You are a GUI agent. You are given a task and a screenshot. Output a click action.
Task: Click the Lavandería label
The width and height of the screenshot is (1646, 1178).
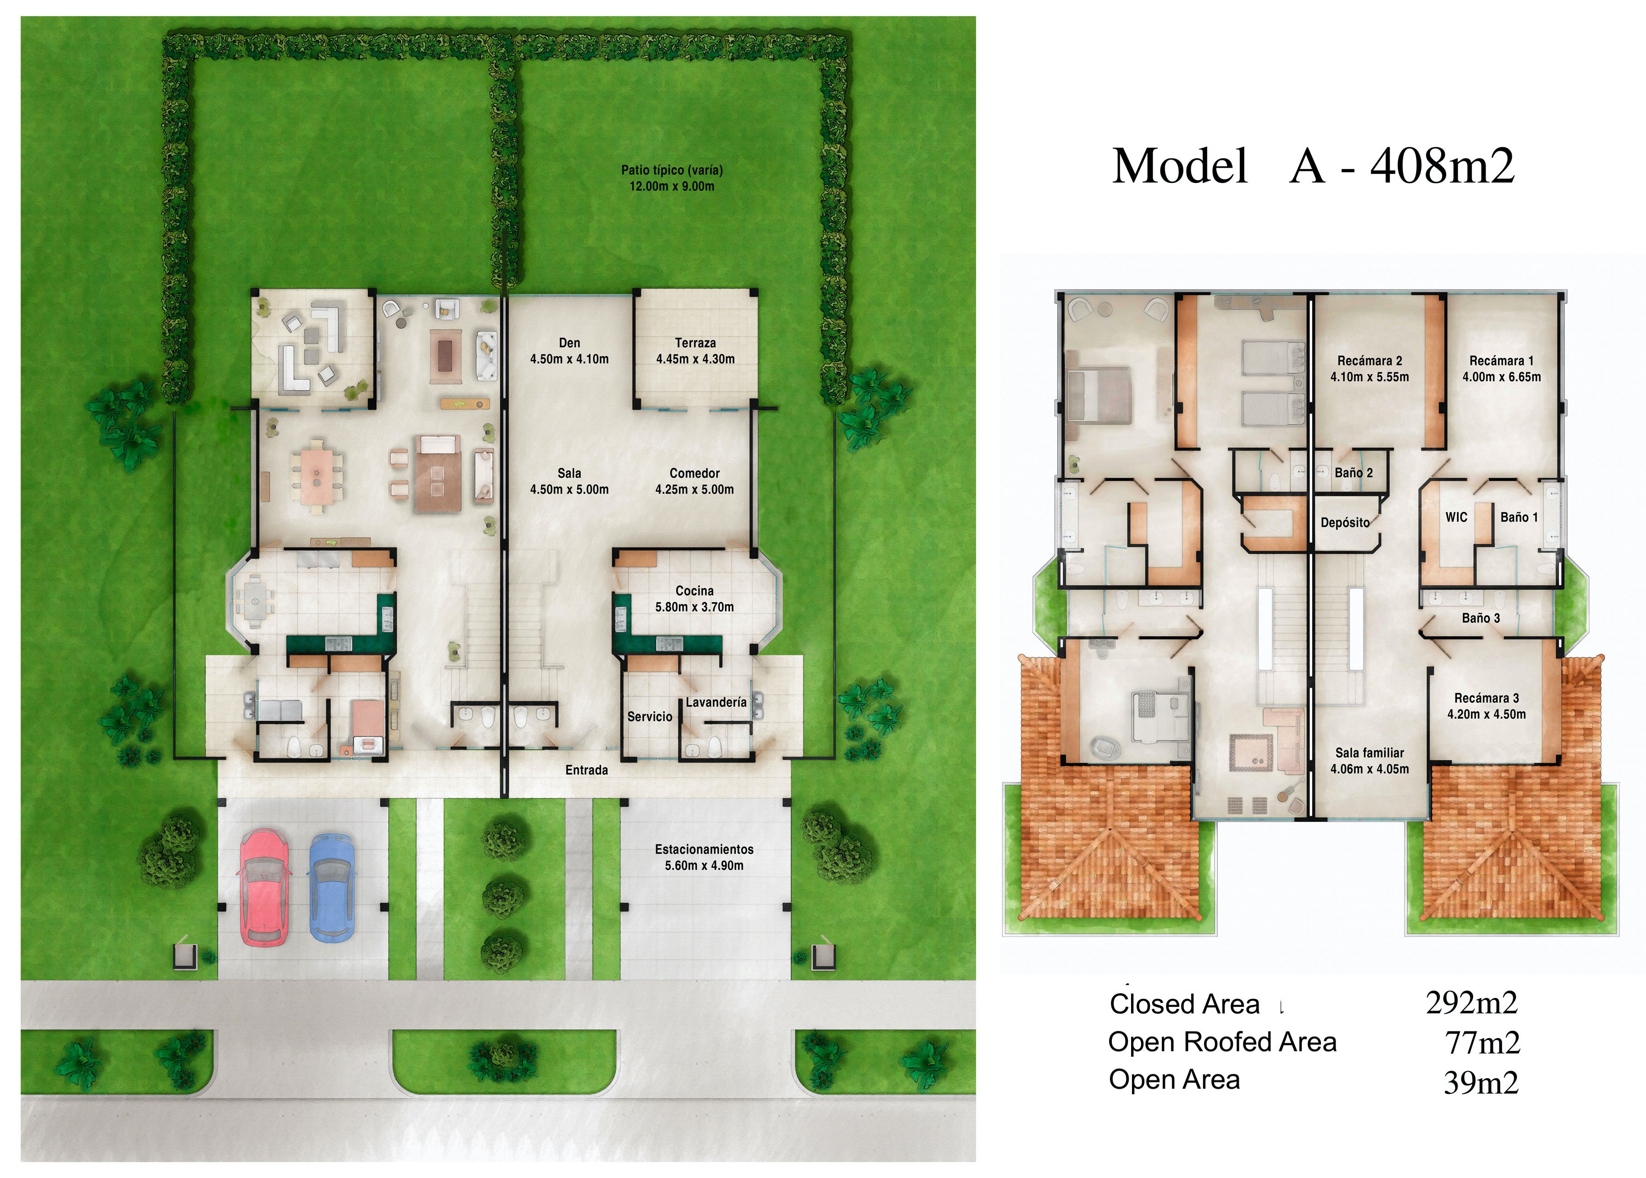tap(716, 702)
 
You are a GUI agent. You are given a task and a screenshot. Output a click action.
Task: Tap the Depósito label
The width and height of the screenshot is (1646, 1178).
tap(1345, 522)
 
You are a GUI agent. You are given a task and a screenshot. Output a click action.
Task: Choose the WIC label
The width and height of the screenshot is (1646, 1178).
tap(1456, 517)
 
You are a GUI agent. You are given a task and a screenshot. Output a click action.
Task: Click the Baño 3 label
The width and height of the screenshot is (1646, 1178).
tap(1480, 618)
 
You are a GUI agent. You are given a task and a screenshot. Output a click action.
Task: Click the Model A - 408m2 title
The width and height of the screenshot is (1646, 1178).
tap(1313, 166)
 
